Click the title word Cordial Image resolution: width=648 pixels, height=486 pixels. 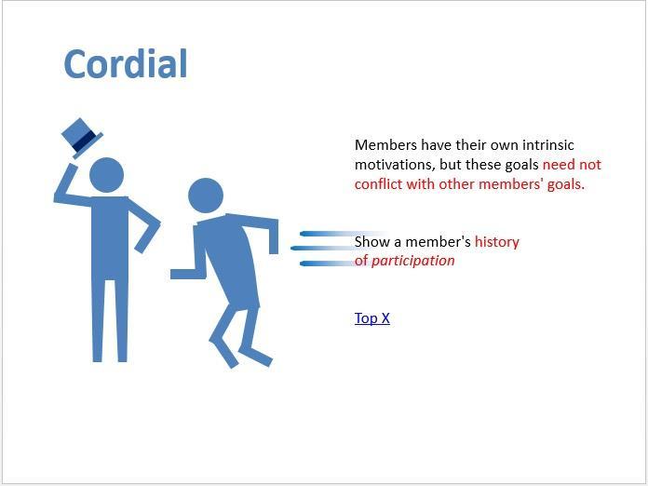pyautogui.click(x=126, y=63)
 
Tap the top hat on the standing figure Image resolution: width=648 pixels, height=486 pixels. pyautogui.click(x=81, y=138)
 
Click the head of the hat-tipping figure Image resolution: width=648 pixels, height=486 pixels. pyautogui.click(x=107, y=175)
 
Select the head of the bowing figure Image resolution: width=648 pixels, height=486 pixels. pyautogui.click(x=206, y=196)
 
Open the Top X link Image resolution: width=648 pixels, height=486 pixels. pyautogui.click(x=371, y=318)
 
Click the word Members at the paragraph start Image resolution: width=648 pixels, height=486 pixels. pyautogui.click(x=385, y=145)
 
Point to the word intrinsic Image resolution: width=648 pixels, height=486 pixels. pyautogui.click(x=548, y=145)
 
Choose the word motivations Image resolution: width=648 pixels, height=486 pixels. pyautogui.click(x=395, y=165)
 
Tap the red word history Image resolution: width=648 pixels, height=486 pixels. pyautogui.click(x=497, y=241)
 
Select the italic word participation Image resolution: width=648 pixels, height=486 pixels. pyautogui.click(x=412, y=261)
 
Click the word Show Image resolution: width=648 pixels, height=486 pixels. pyautogui.click(x=371, y=241)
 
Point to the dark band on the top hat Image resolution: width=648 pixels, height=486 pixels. pyautogui.click(x=83, y=141)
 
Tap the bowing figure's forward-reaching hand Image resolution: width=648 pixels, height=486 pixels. pyautogui.click(x=182, y=274)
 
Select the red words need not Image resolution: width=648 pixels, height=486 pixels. pyautogui.click(x=572, y=165)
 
